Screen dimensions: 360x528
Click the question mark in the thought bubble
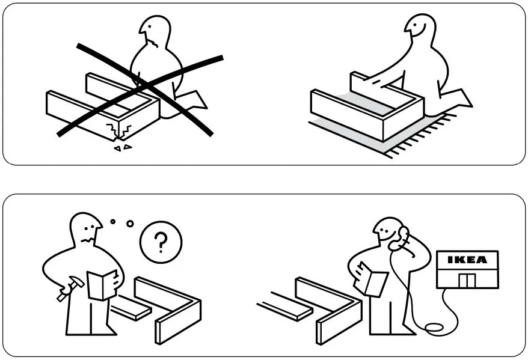pos(160,243)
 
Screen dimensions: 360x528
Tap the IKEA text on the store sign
pos(468,260)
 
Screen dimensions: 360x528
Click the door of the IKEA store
pos(466,280)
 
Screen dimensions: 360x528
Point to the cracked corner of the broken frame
pos(124,131)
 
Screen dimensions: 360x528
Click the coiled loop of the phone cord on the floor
pos(434,328)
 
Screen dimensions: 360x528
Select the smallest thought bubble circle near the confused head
pos(112,222)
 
